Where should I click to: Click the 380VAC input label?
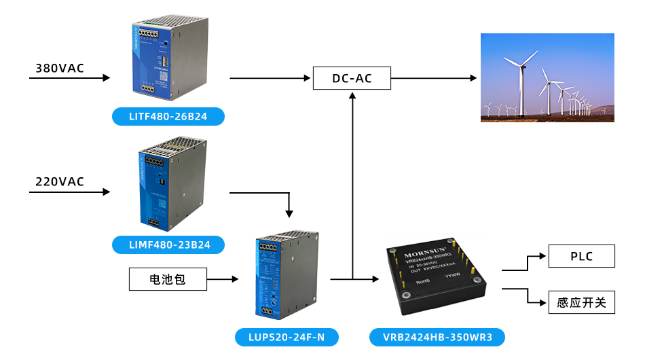coord(60,68)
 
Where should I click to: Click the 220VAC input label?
coord(60,181)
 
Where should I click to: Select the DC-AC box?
coord(352,78)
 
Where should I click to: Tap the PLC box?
coord(581,256)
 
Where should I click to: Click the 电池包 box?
coord(168,279)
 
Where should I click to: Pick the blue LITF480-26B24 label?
coord(168,117)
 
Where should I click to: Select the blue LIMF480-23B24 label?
coord(168,243)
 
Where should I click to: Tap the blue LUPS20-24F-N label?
coord(286,337)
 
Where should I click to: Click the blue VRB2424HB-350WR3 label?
coord(437,337)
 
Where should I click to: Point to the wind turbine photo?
coord(547,77)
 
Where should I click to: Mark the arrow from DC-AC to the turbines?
coord(435,78)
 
